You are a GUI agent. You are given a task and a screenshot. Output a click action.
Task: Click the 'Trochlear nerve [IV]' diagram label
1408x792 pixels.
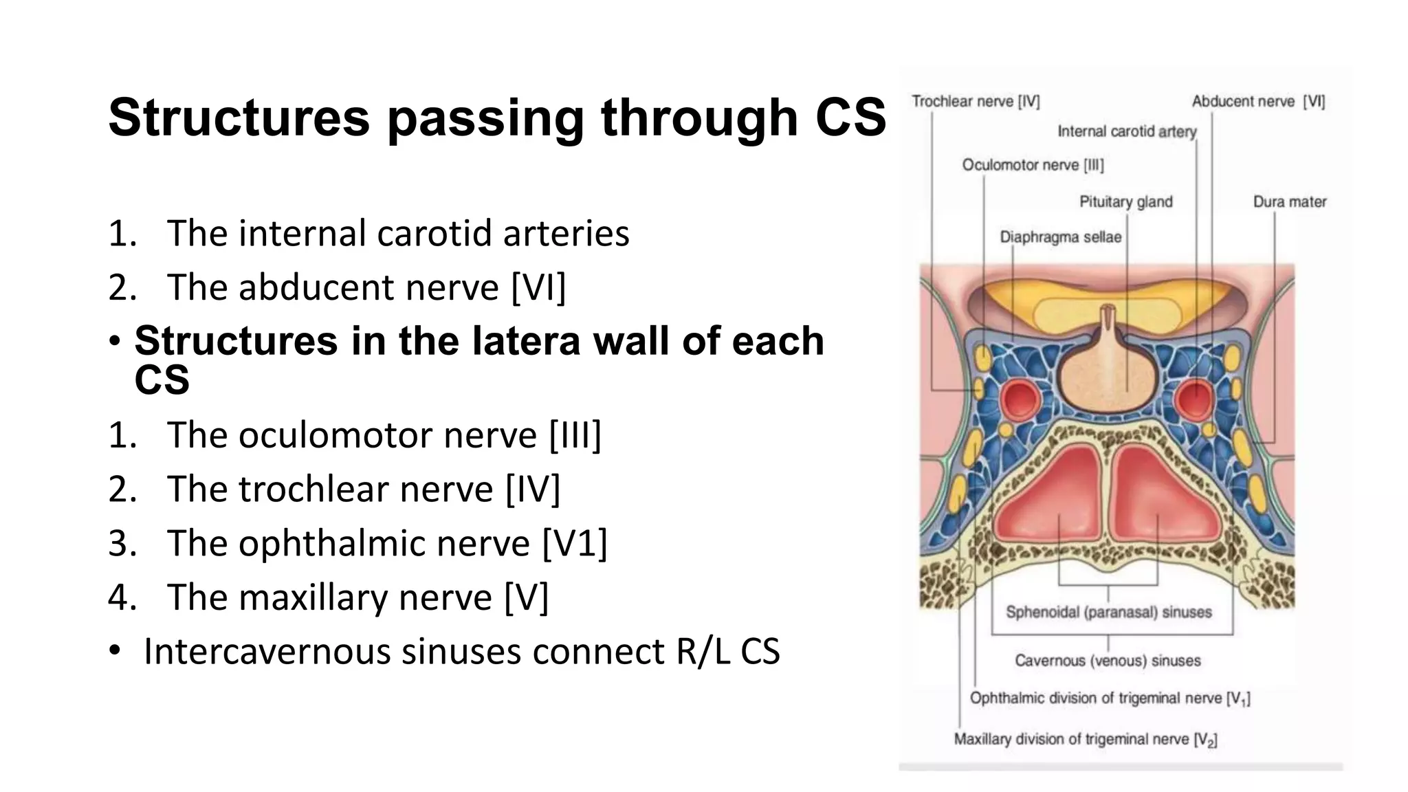coord(975,102)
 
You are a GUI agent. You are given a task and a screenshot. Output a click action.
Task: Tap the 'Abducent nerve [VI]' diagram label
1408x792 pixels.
coord(1257,102)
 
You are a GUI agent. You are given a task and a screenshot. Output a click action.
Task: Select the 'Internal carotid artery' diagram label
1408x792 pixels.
coord(1126,131)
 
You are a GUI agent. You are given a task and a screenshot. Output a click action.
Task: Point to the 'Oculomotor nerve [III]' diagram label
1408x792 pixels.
coord(1033,165)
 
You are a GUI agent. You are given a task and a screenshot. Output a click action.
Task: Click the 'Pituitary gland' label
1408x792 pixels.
coord(1125,202)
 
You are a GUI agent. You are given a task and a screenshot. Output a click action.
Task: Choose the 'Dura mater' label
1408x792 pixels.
coord(1289,202)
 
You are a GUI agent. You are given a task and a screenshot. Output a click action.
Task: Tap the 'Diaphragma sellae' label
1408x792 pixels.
coord(1060,237)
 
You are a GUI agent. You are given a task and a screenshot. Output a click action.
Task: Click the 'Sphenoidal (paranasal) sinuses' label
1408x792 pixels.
coord(1108,612)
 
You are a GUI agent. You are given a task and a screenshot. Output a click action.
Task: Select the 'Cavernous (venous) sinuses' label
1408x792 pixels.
coord(1108,661)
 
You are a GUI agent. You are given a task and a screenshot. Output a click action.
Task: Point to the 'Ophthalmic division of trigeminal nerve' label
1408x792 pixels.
coord(1109,698)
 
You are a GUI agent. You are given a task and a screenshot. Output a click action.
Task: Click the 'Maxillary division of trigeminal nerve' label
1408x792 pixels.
coord(1085,740)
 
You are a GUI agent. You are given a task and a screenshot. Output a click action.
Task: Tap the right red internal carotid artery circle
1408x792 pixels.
coord(1195,398)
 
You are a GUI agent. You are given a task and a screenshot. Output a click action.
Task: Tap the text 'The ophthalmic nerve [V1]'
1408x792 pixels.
coord(386,543)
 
